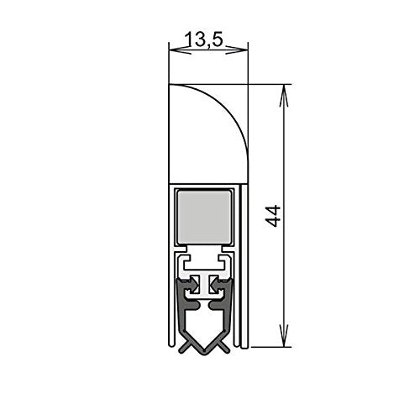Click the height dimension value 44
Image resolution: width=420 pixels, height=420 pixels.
(270, 214)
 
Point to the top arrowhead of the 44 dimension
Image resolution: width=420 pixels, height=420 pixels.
(284, 90)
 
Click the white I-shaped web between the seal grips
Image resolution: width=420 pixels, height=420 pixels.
(205, 286)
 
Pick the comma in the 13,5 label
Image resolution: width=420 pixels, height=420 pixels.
(210, 44)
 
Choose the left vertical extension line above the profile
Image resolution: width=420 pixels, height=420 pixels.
(169, 59)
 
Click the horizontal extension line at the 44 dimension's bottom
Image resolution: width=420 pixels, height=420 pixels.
(269, 345)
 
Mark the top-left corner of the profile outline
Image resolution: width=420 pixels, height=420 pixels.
(170, 84)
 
